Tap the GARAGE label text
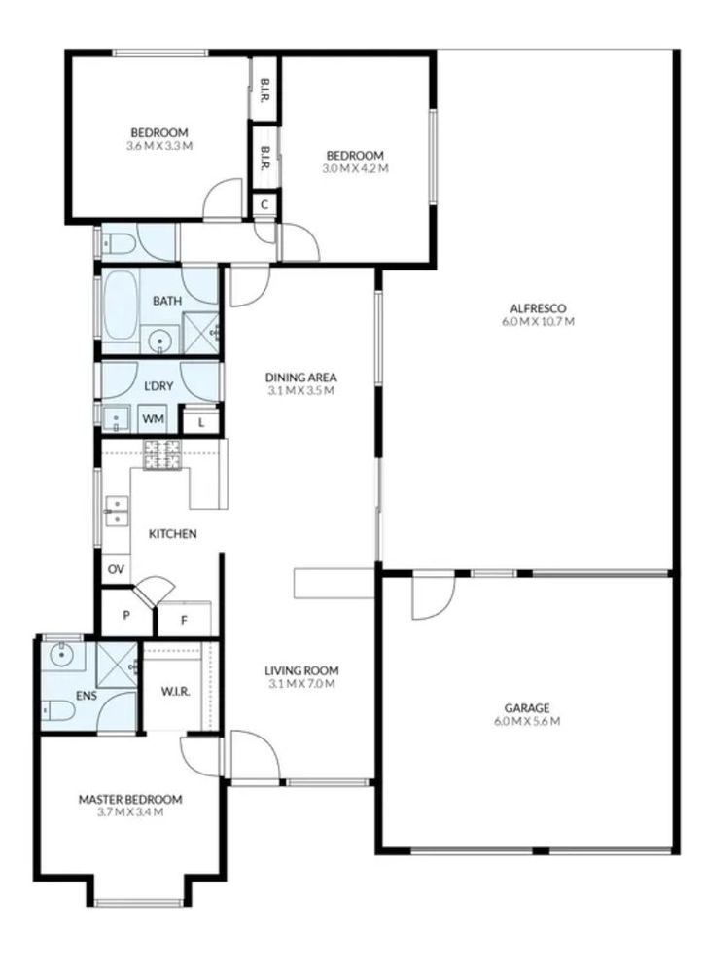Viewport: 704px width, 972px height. pos(527,707)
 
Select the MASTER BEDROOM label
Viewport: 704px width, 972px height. pos(130,799)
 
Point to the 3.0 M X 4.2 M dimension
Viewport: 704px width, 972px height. pos(356,168)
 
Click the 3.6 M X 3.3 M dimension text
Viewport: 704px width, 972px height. pos(159,146)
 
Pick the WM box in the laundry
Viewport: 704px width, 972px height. pos(153,419)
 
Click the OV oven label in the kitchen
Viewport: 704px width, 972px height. pos(116,569)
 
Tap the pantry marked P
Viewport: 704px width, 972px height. pos(126,616)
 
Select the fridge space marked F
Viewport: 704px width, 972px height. pos(184,619)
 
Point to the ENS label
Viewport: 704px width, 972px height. pos(87,696)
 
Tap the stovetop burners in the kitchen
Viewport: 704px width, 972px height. pos(162,454)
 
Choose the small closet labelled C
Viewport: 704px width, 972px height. pos(264,204)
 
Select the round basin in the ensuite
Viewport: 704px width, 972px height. pos(61,654)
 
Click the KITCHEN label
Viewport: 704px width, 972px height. pos(173,534)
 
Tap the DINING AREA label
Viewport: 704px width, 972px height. pos(301,377)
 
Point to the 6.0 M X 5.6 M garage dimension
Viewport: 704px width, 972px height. pos(527,721)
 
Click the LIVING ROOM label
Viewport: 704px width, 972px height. pos(301,670)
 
